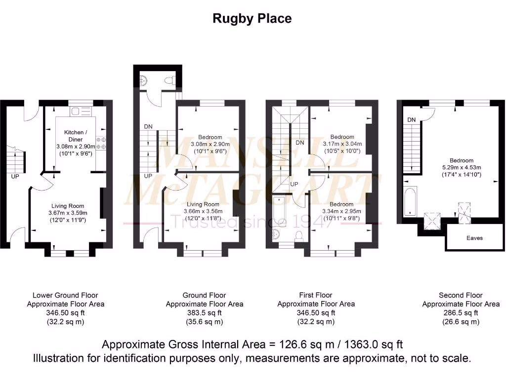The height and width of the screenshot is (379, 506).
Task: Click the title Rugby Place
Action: tap(252, 19)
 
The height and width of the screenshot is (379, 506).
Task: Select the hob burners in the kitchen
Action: tap(101, 143)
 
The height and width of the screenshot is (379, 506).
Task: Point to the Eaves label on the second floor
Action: tap(474, 238)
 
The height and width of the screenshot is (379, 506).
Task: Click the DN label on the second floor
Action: tap(411, 120)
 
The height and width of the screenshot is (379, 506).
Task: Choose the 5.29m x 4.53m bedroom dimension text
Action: tap(461, 167)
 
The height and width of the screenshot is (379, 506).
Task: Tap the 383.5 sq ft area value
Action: tap(204, 313)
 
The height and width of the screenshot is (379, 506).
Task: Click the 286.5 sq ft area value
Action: tap(461, 313)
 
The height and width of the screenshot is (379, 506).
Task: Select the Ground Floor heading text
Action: tap(204, 295)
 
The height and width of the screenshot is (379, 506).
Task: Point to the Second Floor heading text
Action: tap(461, 295)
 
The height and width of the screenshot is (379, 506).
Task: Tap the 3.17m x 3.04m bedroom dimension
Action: tap(342, 144)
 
